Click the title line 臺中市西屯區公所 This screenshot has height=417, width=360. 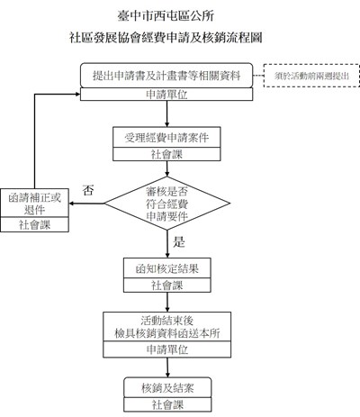[179, 17]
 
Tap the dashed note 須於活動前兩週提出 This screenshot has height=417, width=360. [307, 76]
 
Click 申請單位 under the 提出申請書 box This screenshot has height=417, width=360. [166, 95]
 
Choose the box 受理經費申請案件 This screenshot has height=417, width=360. [166, 138]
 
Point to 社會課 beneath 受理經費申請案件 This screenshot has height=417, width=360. [166, 155]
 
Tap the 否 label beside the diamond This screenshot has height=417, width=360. [87, 190]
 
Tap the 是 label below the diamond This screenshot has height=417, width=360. [178, 242]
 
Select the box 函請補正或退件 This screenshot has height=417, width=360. [35, 204]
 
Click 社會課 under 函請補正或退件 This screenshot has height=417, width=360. [35, 223]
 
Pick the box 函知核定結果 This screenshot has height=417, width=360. [166, 268]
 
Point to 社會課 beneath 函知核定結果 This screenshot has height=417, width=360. [166, 286]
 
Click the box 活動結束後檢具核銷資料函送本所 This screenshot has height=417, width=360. [166, 327]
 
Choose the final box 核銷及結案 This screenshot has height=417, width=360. [166, 387]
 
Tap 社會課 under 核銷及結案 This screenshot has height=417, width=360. [166, 404]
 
